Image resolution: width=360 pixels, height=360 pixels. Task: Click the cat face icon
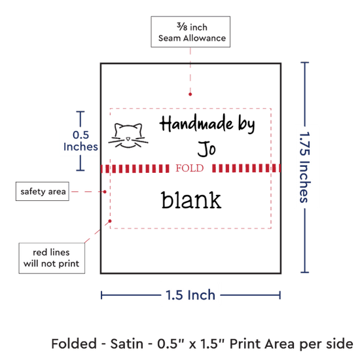tap(128, 135)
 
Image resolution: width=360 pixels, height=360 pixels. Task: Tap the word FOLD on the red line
tap(190, 168)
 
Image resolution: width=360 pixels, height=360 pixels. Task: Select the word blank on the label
tap(191, 200)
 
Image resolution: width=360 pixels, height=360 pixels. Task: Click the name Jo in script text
tap(207, 149)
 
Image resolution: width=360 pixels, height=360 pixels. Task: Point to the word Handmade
tap(196, 124)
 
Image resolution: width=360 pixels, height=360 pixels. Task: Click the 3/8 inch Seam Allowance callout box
tap(190, 32)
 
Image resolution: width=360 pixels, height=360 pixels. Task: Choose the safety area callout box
tap(43, 192)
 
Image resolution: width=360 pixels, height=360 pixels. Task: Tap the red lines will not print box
tap(52, 258)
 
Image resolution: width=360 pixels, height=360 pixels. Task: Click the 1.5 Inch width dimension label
tap(190, 295)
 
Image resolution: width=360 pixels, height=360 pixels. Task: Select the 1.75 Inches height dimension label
tap(305, 167)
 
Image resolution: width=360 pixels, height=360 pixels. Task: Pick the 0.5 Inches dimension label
tap(81, 141)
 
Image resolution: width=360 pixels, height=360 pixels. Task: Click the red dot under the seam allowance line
tap(190, 94)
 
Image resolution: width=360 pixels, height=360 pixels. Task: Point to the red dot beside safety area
tap(105, 192)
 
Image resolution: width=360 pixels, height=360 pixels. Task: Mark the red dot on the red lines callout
tap(110, 221)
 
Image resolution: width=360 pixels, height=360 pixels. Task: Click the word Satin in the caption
tap(127, 344)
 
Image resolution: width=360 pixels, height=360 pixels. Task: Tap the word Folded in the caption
tap(74, 344)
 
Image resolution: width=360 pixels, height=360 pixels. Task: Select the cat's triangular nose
tap(128, 139)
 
